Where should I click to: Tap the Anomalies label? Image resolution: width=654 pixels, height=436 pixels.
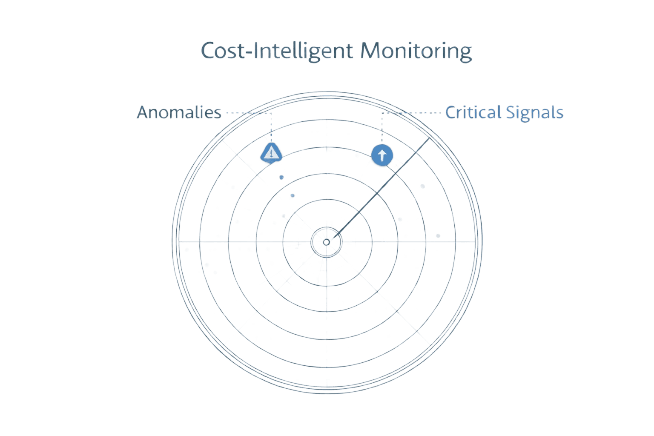(x=179, y=113)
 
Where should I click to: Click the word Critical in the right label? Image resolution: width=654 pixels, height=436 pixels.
(x=473, y=113)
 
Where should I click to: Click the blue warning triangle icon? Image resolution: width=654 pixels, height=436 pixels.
(x=271, y=152)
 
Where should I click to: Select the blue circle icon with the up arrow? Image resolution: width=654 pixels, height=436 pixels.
(x=382, y=155)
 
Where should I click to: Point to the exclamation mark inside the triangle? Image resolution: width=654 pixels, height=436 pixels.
(x=271, y=153)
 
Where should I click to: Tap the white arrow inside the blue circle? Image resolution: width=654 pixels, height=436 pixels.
(x=382, y=155)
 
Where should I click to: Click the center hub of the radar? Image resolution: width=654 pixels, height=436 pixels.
(x=327, y=242)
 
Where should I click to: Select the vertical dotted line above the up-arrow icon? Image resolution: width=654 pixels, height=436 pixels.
(x=382, y=128)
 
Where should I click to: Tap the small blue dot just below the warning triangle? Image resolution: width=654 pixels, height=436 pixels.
(x=281, y=177)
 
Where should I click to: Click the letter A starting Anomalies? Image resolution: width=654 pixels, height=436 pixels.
(x=143, y=113)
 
